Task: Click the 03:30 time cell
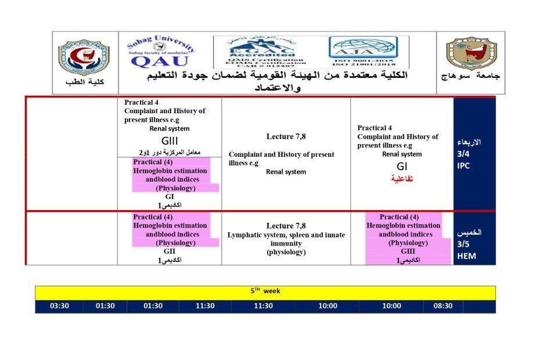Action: tap(59, 307)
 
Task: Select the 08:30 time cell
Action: tap(443, 307)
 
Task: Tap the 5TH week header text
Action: tap(265, 291)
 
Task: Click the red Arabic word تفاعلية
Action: tap(401, 179)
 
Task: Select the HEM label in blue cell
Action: tap(466, 255)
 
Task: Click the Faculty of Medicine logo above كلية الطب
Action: tap(84, 58)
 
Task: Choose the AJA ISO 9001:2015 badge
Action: tap(363, 52)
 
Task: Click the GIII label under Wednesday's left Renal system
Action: tap(169, 141)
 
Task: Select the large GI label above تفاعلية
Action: tap(402, 167)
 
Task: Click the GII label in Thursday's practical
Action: tap(170, 251)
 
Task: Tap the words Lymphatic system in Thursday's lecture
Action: tap(250, 235)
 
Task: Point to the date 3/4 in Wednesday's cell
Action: tap(464, 154)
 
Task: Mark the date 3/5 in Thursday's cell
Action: tap(464, 244)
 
